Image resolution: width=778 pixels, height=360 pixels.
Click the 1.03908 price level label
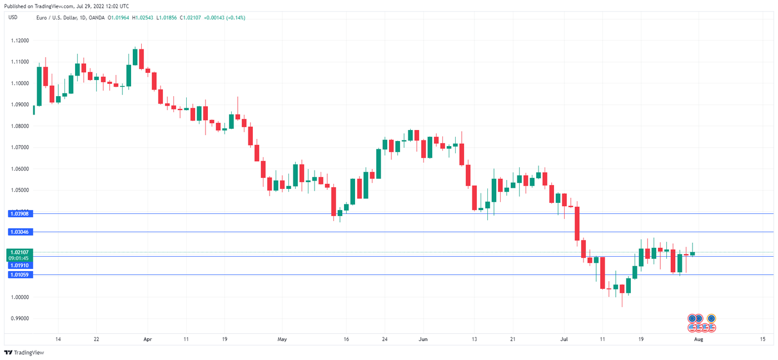[19, 213]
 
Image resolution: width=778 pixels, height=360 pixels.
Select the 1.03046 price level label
[19, 232]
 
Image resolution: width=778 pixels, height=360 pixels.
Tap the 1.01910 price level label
[19, 266]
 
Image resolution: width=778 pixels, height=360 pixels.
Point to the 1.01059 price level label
[19, 274]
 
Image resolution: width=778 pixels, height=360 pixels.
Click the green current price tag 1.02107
[19, 252]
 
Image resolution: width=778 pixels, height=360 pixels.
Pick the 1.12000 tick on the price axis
[19, 41]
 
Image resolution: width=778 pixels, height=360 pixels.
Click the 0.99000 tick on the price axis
[19, 318]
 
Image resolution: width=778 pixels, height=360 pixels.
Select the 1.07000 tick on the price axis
[19, 147]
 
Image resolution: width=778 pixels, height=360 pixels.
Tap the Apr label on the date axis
[147, 339]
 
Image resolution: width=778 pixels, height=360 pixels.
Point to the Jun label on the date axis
[423, 339]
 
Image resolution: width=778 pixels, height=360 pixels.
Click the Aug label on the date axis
[699, 339]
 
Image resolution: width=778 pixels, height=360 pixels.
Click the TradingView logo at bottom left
[24, 353]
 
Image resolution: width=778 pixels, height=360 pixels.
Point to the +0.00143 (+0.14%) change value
[225, 17]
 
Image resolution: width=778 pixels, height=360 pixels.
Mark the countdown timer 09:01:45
[19, 258]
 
